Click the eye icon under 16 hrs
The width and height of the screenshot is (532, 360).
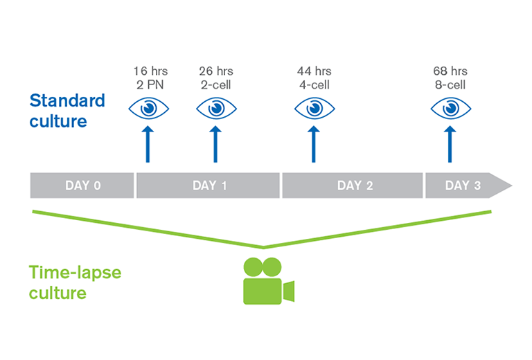(149, 109)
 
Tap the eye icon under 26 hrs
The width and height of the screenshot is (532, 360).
(216, 109)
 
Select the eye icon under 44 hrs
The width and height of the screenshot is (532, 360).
(314, 109)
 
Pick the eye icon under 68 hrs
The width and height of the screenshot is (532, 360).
(450, 109)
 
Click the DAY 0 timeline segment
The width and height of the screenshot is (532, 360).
(82, 186)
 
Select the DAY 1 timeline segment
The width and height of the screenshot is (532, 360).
(208, 186)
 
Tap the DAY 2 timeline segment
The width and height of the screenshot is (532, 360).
(353, 186)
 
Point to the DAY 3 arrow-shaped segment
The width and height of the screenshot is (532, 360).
(468, 186)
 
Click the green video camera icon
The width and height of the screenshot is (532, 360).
(269, 281)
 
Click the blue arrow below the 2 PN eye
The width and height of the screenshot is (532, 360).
(148, 145)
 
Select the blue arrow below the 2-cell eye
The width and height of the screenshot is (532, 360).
(215, 145)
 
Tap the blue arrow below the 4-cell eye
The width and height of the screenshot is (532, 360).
(314, 145)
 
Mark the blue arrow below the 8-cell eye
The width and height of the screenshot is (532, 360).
(450, 145)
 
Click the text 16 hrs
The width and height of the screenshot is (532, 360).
(150, 71)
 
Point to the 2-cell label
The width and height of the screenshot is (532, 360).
(216, 84)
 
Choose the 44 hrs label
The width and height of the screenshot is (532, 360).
(314, 71)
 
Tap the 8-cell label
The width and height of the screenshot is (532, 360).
(450, 84)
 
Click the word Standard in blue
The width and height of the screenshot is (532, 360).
(67, 100)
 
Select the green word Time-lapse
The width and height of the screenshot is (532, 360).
(75, 273)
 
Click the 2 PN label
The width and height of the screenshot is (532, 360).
(150, 84)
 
